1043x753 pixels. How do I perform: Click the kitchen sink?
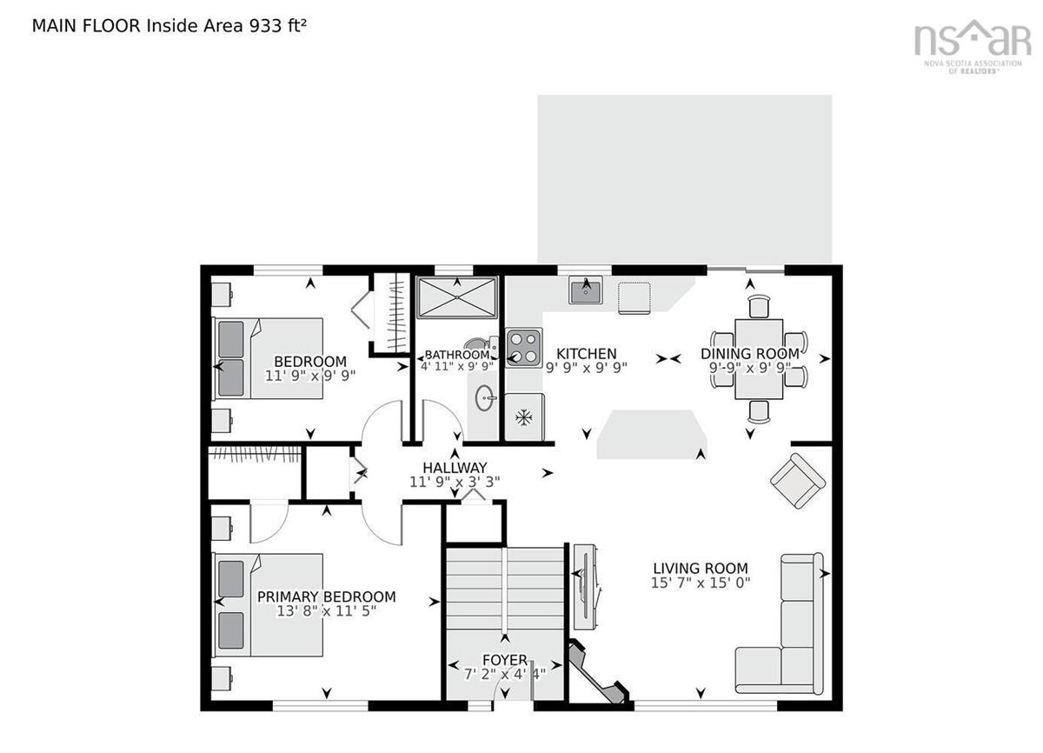(585, 290)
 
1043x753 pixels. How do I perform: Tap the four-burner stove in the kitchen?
(524, 348)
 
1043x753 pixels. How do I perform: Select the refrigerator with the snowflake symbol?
(524, 416)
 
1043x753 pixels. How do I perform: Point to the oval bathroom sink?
(485, 398)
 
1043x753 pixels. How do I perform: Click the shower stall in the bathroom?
(457, 297)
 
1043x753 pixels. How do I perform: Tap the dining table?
(759, 359)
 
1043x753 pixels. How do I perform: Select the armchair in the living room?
(798, 481)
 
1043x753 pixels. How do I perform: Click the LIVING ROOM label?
(701, 569)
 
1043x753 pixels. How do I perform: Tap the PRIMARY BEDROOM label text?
(327, 597)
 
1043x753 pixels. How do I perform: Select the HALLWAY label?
(455, 468)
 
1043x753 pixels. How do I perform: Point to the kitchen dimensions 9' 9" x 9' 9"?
(586, 368)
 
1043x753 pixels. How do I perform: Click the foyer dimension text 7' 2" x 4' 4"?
(505, 674)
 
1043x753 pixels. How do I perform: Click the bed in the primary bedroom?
(268, 604)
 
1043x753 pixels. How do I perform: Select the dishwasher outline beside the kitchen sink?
(634, 298)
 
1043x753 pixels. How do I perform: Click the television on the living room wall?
(586, 587)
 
